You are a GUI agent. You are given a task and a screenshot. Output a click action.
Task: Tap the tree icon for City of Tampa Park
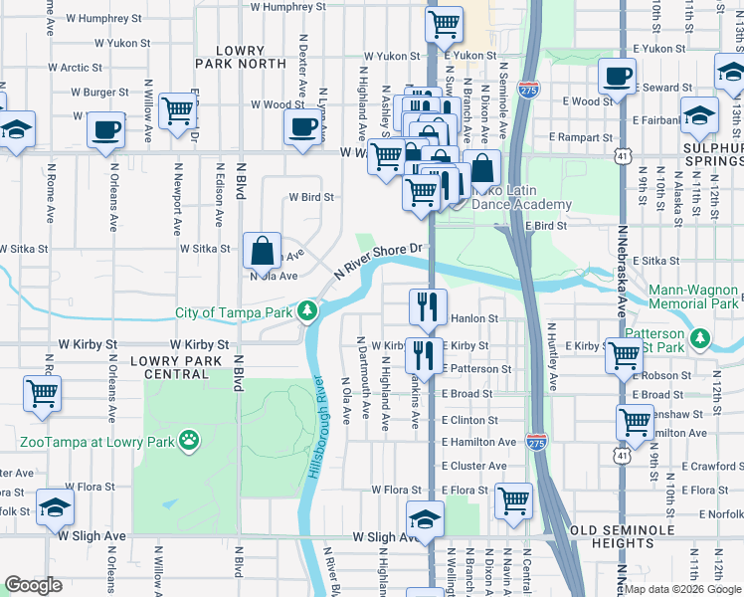pos(309,311)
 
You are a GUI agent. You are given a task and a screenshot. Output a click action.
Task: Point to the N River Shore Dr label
pos(380,261)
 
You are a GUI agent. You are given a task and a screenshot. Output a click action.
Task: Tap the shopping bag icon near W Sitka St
pos(262,250)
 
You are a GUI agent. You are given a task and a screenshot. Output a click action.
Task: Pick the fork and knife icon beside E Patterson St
pos(425,355)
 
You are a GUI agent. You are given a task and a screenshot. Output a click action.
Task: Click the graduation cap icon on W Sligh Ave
pos(425,518)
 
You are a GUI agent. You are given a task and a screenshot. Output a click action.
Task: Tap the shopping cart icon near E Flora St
pos(513,500)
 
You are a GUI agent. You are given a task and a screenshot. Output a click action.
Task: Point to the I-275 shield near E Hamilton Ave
pos(536,439)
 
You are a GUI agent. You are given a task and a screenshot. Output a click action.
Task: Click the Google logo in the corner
pos(33,585)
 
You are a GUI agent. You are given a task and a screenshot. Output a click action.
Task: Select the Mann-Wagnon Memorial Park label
pos(692,297)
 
